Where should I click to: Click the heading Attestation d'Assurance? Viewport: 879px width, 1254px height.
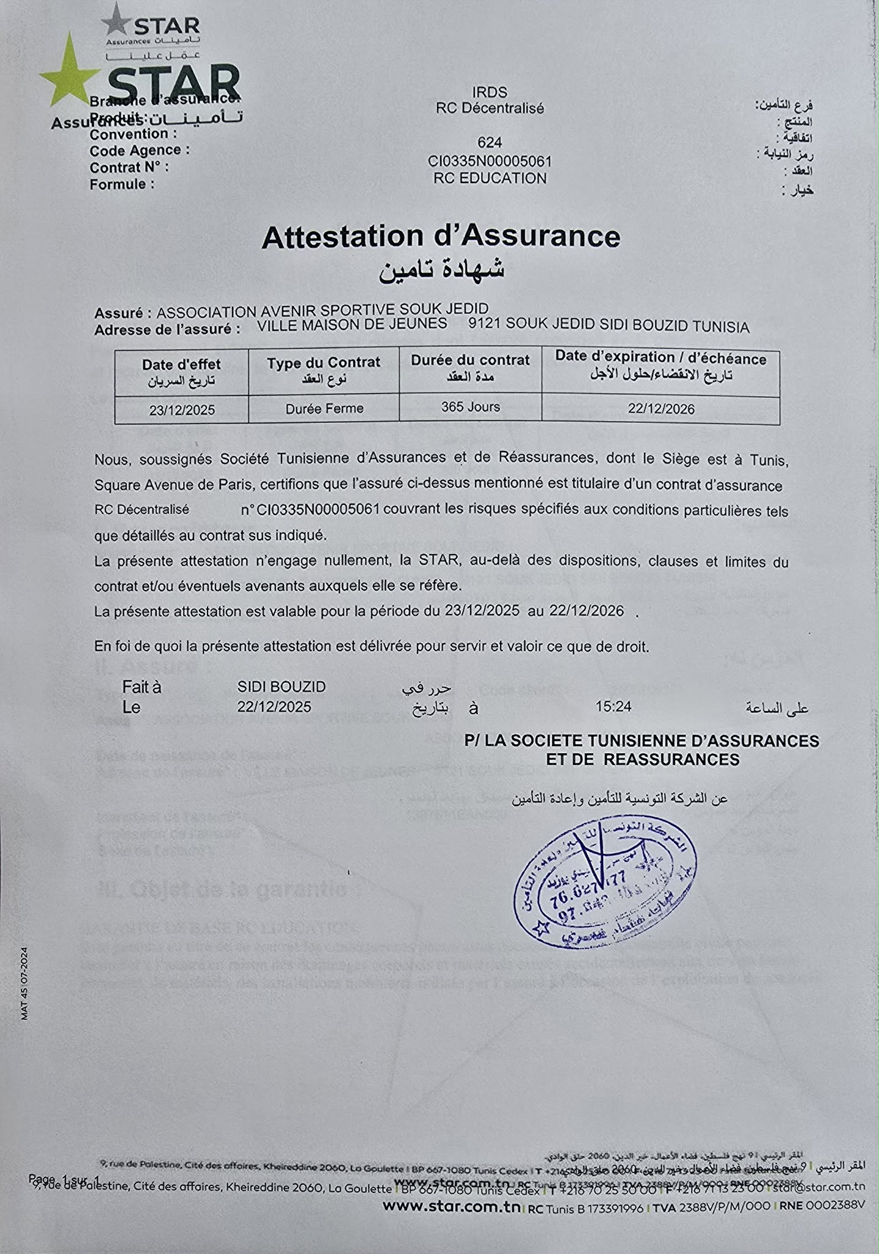click(x=441, y=237)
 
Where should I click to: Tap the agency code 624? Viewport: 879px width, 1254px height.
click(x=490, y=143)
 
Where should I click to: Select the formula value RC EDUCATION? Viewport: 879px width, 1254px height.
click(x=490, y=179)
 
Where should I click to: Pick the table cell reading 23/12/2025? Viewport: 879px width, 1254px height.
click(x=182, y=410)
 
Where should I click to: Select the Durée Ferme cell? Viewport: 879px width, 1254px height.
click(x=324, y=409)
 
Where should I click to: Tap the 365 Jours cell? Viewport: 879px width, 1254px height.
click(x=470, y=407)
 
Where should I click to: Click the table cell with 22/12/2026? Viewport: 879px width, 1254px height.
click(x=661, y=409)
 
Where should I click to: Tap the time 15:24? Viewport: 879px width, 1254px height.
click(x=613, y=707)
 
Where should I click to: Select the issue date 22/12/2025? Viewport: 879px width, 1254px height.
click(x=274, y=707)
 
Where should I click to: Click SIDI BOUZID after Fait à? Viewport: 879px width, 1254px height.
click(x=282, y=687)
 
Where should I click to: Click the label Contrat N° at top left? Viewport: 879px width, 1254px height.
click(x=129, y=167)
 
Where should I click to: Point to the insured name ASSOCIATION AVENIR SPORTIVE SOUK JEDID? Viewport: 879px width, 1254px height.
click(x=323, y=312)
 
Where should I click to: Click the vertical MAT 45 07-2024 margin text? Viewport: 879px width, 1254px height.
click(x=24, y=983)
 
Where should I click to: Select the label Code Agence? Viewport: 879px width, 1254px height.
click(x=140, y=151)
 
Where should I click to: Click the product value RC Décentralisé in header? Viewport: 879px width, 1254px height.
click(x=490, y=108)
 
